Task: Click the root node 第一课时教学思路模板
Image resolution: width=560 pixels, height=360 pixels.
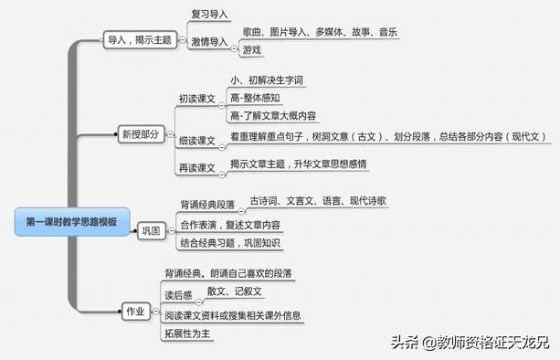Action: point(71,222)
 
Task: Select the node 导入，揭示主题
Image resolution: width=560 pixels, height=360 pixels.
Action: point(139,41)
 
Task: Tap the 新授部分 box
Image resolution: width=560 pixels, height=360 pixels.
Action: point(139,133)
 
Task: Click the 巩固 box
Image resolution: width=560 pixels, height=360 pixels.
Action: point(151,231)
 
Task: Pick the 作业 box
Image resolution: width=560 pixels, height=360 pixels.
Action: point(134,312)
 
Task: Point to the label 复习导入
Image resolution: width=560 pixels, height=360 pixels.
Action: point(209,15)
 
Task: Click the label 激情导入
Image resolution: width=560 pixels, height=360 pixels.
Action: point(209,42)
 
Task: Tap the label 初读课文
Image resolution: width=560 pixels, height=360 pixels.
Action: point(196,97)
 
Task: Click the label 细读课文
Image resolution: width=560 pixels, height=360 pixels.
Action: point(196,143)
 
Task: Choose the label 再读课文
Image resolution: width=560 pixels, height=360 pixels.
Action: point(196,168)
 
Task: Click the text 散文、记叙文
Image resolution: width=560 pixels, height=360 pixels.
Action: point(235,291)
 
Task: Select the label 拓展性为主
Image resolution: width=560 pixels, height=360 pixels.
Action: point(188,334)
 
